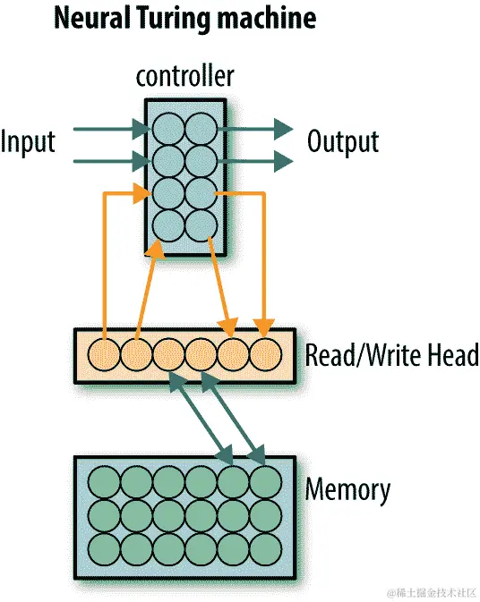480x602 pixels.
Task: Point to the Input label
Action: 28,141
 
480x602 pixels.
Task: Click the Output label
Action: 343,141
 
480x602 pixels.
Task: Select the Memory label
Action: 348,490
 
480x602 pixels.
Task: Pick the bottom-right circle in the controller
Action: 201,224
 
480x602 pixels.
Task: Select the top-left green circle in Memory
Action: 105,483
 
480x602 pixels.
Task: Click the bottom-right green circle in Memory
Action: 265,547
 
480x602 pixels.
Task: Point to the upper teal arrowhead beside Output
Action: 283,131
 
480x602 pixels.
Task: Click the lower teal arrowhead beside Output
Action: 283,162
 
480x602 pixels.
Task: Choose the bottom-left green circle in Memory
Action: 105,547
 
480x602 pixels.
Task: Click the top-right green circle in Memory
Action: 265,483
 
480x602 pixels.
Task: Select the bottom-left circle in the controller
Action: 168,224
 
